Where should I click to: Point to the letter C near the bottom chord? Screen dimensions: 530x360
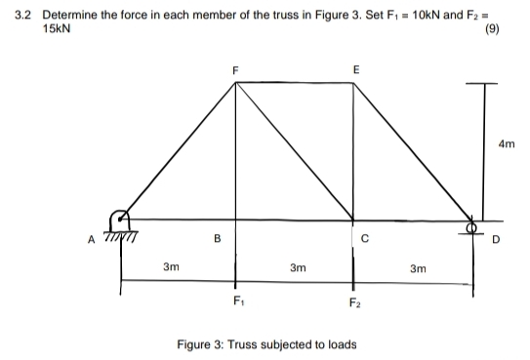[x=364, y=237]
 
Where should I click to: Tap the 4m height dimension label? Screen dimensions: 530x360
[x=506, y=144]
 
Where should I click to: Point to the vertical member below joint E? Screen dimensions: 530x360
[x=354, y=151]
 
